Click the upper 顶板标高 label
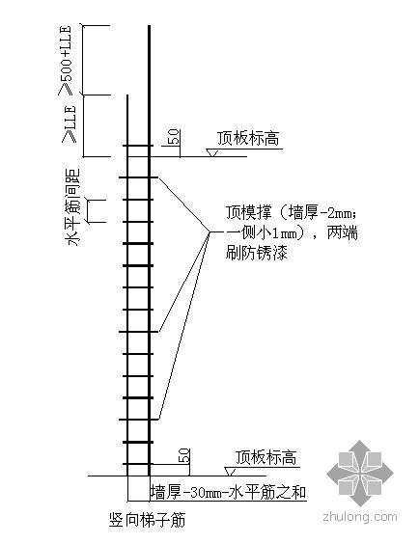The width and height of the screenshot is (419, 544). point(248,139)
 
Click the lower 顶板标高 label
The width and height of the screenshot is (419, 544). point(265,457)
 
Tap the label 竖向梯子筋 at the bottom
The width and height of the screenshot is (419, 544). point(147,520)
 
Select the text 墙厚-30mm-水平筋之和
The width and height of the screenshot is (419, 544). point(228,492)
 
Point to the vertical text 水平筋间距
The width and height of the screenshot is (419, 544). point(71,207)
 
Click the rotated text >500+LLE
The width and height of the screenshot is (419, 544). point(66,60)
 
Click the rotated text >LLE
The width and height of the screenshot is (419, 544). point(70,122)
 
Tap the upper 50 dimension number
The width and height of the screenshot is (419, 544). point(175,137)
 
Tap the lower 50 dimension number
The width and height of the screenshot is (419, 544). point(184,456)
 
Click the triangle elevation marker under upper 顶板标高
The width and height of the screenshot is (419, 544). point(211,152)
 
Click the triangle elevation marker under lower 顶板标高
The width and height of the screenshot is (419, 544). point(230,472)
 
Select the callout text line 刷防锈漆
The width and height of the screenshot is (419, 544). point(257,252)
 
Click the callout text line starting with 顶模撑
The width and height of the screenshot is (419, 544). point(291,212)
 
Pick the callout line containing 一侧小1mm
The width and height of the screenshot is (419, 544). point(292,232)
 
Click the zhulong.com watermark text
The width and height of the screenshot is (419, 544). point(360,517)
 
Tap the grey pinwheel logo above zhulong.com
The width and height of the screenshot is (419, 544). point(360,473)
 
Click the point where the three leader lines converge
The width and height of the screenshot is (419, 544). point(209,232)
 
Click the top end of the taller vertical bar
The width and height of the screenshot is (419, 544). point(150,26)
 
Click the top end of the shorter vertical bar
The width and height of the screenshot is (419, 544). point(127,95)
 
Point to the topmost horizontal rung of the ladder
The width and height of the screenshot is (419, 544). point(138,146)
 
